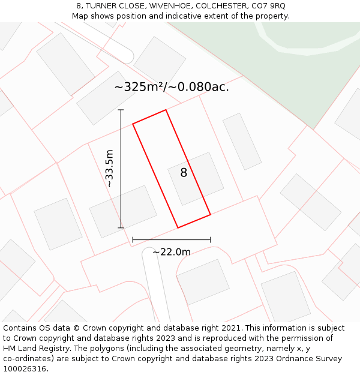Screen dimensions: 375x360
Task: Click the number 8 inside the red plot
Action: tap(184, 173)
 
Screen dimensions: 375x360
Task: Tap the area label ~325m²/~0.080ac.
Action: tap(172, 87)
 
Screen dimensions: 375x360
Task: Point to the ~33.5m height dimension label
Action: tap(109, 169)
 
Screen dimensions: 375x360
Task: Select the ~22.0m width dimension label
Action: tap(172, 252)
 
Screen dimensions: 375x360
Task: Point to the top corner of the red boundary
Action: tap(166, 110)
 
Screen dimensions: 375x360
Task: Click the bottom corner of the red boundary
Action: tap(178, 227)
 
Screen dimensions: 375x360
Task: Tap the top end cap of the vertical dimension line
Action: tap(121, 110)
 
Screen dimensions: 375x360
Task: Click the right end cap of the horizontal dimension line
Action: tap(210, 240)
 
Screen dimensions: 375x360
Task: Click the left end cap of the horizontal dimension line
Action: tap(133, 240)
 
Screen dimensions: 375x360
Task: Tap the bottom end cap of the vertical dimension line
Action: tap(121, 227)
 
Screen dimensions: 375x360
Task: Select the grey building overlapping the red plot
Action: tap(196, 178)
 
